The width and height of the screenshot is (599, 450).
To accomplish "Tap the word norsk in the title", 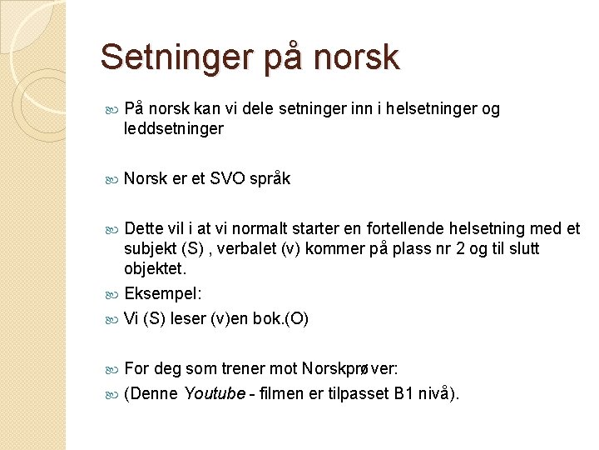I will pyautogui.click(x=358, y=57).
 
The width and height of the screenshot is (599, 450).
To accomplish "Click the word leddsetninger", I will pyautogui.click(x=173, y=128).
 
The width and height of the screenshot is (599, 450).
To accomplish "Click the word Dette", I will pyautogui.click(x=142, y=229).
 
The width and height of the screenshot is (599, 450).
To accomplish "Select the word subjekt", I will pyautogui.click(x=150, y=248).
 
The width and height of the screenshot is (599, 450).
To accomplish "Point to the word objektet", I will pyautogui.click(x=155, y=268).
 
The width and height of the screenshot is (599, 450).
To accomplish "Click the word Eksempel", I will pyautogui.click(x=159, y=293).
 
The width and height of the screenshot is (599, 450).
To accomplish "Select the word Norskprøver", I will pyautogui.click(x=339, y=368).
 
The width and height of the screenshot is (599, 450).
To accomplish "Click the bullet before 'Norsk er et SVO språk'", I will pyautogui.click(x=114, y=179).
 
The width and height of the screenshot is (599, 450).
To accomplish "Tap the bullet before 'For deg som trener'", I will pyautogui.click(x=114, y=368).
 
